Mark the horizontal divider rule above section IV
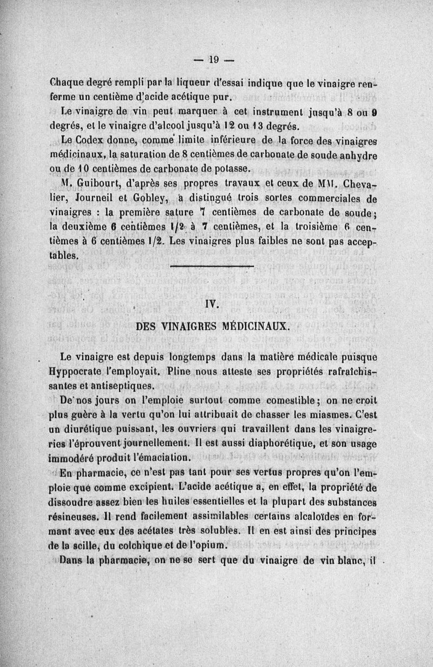212,267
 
